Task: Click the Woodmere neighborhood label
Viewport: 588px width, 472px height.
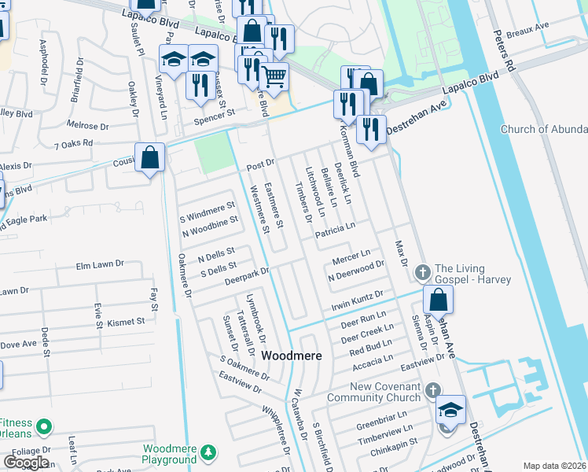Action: coord(292,356)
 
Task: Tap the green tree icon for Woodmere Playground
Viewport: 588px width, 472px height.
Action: coord(208,453)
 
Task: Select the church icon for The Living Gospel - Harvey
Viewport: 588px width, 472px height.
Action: coord(422,272)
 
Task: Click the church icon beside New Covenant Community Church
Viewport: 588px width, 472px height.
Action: coord(432,390)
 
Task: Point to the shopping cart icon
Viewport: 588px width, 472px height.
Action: coord(274,77)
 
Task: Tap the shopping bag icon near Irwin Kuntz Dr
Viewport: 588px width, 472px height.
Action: coord(438,300)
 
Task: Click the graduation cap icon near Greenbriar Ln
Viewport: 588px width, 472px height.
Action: coord(450,410)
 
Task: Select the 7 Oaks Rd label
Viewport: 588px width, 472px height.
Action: coord(74,144)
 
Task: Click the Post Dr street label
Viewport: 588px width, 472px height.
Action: coord(259,165)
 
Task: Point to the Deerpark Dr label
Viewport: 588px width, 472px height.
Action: coord(247,276)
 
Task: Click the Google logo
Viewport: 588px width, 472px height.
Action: coord(26,462)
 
